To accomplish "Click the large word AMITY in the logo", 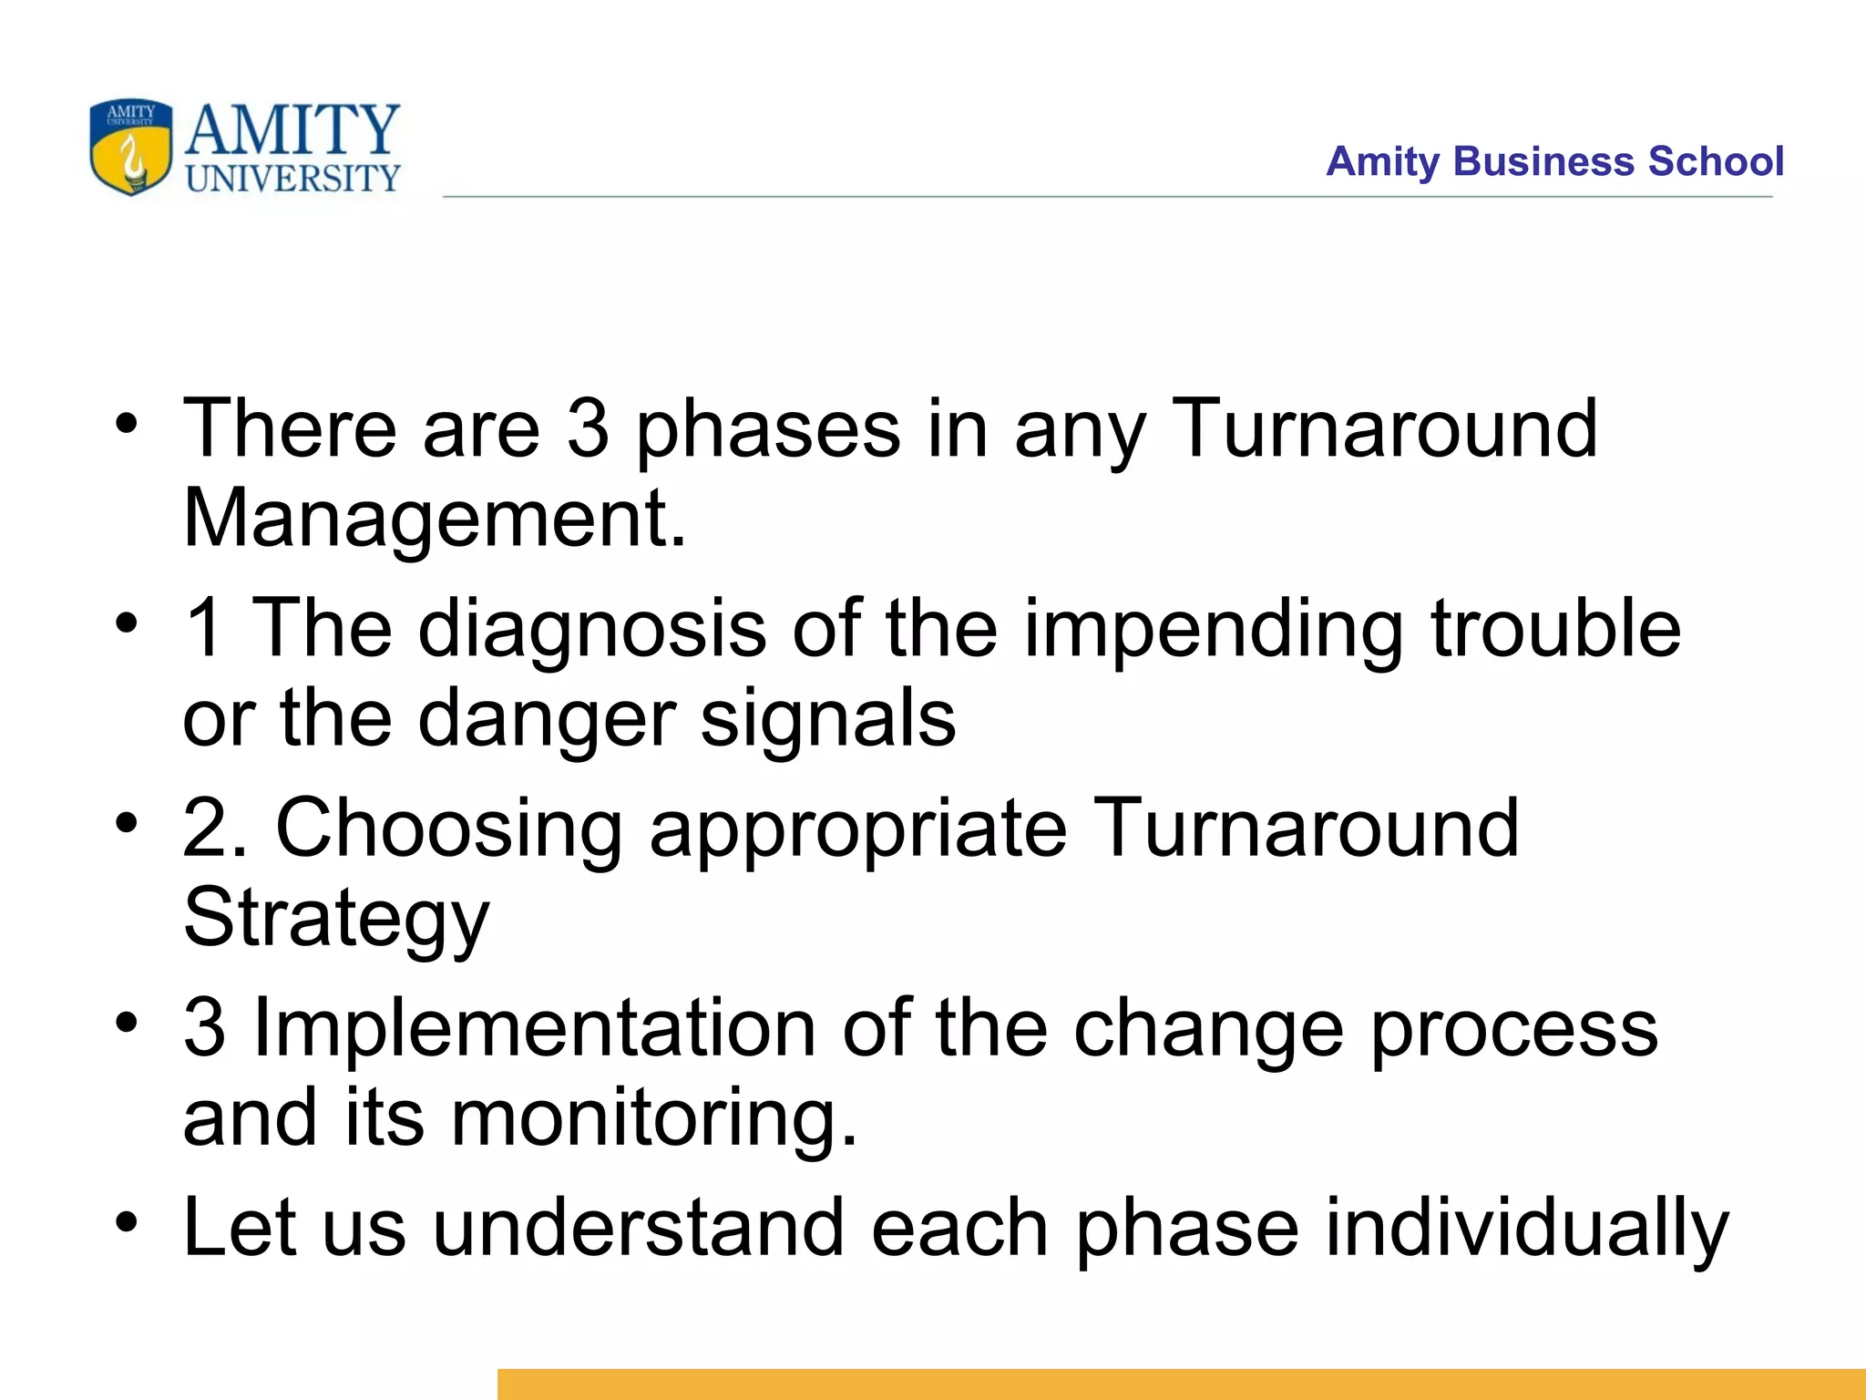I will pyautogui.click(x=292, y=130).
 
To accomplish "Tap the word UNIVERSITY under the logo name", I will pyautogui.click(x=292, y=179).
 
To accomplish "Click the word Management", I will pyautogui.click(x=434, y=518).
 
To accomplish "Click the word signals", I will pyautogui.click(x=828, y=718).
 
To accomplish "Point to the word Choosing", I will pyautogui.click(x=448, y=829).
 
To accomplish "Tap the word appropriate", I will pyautogui.click(x=857, y=829).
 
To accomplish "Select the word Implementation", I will pyautogui.click(x=534, y=1027).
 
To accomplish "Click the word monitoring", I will pyautogui.click(x=653, y=1118).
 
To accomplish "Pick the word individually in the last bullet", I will pyautogui.click(x=1526, y=1228).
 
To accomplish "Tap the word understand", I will pyautogui.click(x=638, y=1227).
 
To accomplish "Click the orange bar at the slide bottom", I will pyautogui.click(x=1181, y=1384).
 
